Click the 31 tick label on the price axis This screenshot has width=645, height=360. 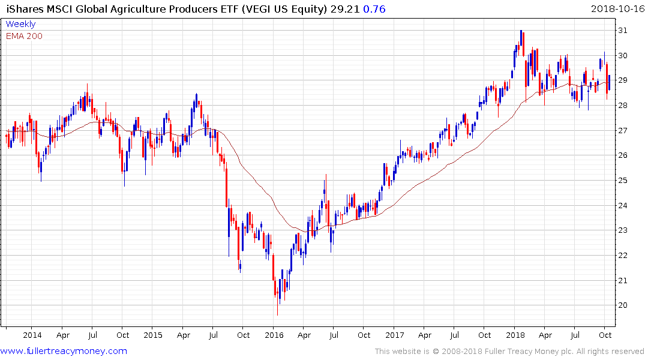(x=624, y=31)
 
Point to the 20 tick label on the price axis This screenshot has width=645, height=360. (x=624, y=305)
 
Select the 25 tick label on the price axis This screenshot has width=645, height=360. (x=624, y=181)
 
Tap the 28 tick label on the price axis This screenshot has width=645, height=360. (x=624, y=106)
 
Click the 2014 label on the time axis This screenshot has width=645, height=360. (x=32, y=335)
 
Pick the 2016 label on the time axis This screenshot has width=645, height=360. (x=274, y=335)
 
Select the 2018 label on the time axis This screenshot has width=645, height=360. (x=515, y=335)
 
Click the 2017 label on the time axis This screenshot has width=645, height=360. (x=394, y=335)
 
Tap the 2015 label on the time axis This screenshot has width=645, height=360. (x=152, y=335)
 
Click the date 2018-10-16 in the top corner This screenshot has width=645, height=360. (x=616, y=9)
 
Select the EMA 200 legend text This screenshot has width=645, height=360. (x=24, y=36)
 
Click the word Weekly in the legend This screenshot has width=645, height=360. (x=20, y=25)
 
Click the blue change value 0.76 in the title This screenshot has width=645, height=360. (x=374, y=9)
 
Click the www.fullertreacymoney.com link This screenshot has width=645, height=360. (x=64, y=351)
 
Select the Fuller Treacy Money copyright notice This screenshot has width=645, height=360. (x=509, y=352)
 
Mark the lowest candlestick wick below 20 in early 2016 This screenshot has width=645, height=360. (x=277, y=312)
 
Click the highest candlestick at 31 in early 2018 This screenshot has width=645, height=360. (x=521, y=34)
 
